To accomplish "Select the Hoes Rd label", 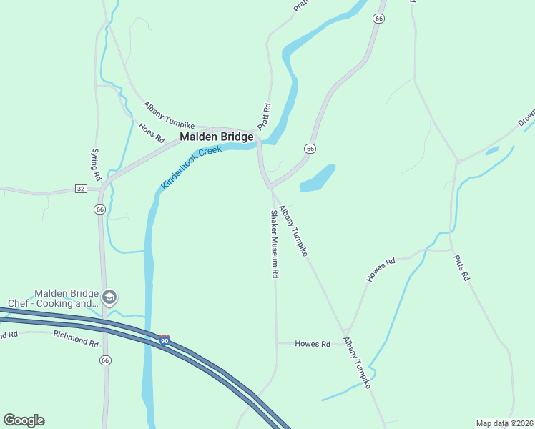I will coord(152,131).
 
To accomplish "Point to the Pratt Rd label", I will coord(265,117).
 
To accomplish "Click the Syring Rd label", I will coord(95,164).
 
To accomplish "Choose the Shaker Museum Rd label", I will coord(273,243).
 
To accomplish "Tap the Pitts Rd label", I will coord(462,265).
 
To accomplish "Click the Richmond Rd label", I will coord(75,339).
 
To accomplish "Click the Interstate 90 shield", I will coord(165,340).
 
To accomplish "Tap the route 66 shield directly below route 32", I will coord(99,209).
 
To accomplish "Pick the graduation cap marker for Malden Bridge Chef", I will coord(109,297).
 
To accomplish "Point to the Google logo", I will coord(24,420).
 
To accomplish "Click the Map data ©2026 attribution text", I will coord(504,423).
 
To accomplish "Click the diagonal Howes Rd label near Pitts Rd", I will coord(381,270).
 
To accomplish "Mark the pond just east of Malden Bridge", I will coord(318,178).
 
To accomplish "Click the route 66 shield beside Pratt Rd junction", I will coord(309,149).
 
